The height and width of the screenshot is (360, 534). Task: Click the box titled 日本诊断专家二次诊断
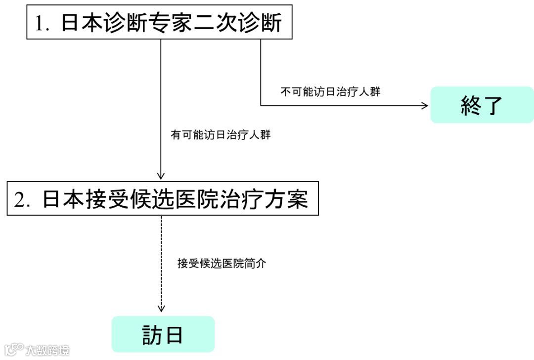(x=159, y=22)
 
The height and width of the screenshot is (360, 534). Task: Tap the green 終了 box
(x=482, y=105)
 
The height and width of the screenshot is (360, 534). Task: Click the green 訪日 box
(x=163, y=334)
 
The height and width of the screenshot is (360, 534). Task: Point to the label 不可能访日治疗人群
(x=330, y=91)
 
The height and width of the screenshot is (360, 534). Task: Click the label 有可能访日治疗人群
(x=221, y=135)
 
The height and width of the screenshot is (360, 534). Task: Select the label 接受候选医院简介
(x=222, y=264)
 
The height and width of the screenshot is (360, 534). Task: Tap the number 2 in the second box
(x=21, y=200)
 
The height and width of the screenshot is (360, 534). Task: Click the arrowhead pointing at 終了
(x=425, y=105)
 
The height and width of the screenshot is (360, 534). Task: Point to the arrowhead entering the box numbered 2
(x=161, y=176)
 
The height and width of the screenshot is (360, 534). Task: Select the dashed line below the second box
(x=161, y=262)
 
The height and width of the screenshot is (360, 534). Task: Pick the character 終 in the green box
(x=470, y=105)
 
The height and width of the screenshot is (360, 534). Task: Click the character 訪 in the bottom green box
(x=152, y=335)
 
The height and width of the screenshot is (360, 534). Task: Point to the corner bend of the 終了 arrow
(x=261, y=105)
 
